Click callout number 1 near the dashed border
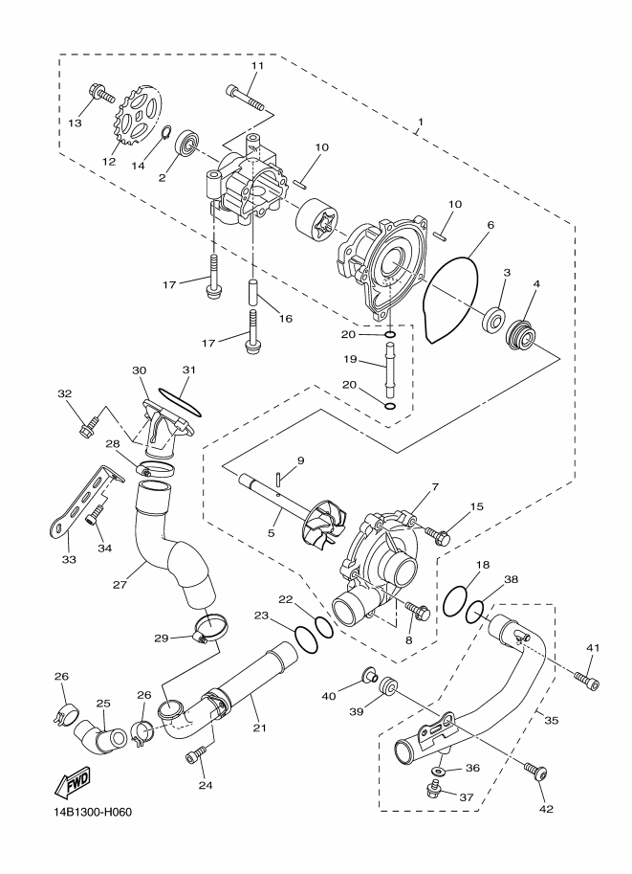pos(421,122)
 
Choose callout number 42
pos(546,809)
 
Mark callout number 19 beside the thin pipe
pos(350,360)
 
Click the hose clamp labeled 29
pos(208,629)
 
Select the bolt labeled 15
pos(438,537)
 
